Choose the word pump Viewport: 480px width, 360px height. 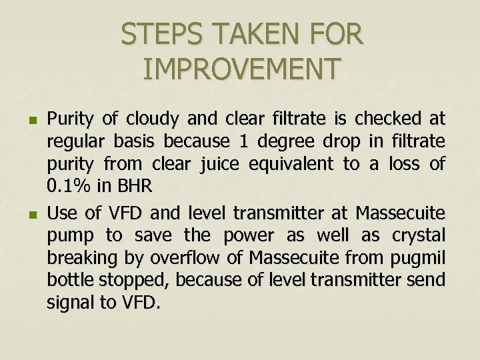coord(67,236)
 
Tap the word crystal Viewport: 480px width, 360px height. coord(418,236)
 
